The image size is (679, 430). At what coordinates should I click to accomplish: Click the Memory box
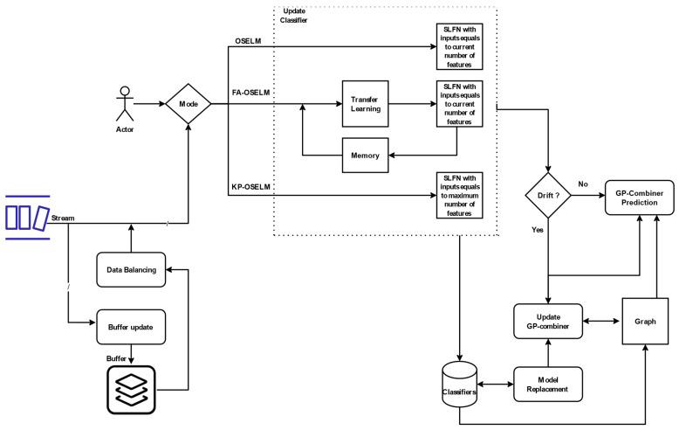(x=366, y=155)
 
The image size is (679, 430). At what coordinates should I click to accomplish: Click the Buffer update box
(x=130, y=327)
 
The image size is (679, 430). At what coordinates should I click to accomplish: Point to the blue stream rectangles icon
(x=25, y=215)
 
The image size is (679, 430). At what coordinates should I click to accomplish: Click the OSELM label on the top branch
(x=249, y=40)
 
